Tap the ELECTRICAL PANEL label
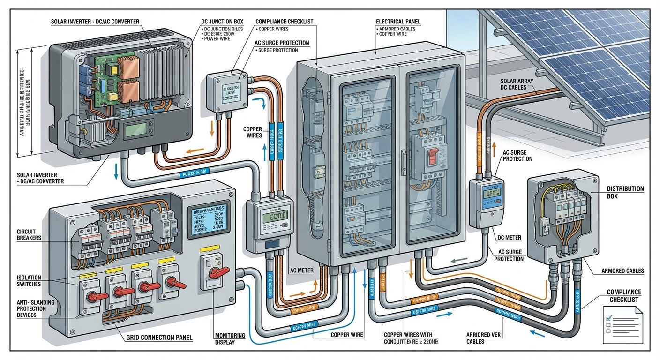point(398,22)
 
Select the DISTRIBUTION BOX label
point(625,192)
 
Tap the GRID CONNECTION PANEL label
point(159,337)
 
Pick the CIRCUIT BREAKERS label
point(29,234)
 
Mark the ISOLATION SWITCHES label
point(29,281)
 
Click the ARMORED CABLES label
point(622,270)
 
